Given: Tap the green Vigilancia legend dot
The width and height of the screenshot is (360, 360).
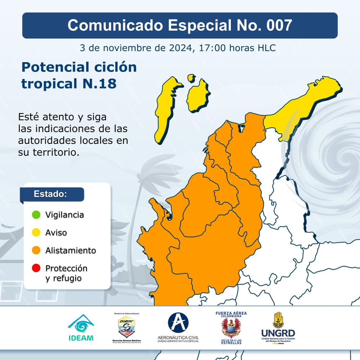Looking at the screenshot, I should (x=36, y=215).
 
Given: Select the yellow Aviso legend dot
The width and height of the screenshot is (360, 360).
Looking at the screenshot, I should (x=36, y=233).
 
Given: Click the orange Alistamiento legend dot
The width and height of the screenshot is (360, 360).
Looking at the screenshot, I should (x=36, y=250).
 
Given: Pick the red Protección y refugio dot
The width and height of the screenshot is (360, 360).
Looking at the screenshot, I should (x=36, y=268).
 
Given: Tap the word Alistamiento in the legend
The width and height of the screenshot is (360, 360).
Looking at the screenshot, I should (x=71, y=250).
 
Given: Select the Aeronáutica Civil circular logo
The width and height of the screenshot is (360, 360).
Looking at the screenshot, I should (x=178, y=323).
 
